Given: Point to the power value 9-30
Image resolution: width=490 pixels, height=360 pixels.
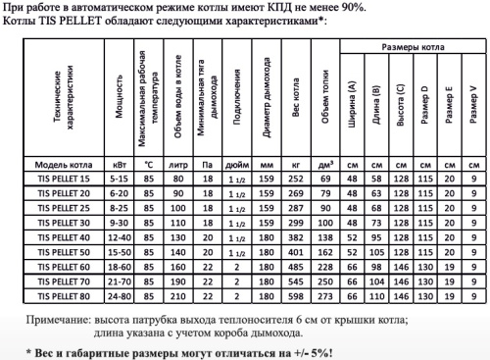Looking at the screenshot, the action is click(120, 223).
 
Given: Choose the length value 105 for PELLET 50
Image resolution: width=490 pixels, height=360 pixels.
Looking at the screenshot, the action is click(376, 252).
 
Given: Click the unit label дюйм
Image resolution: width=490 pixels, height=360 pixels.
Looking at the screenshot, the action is click(235, 164).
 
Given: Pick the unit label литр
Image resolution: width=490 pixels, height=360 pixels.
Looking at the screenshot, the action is click(176, 164).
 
